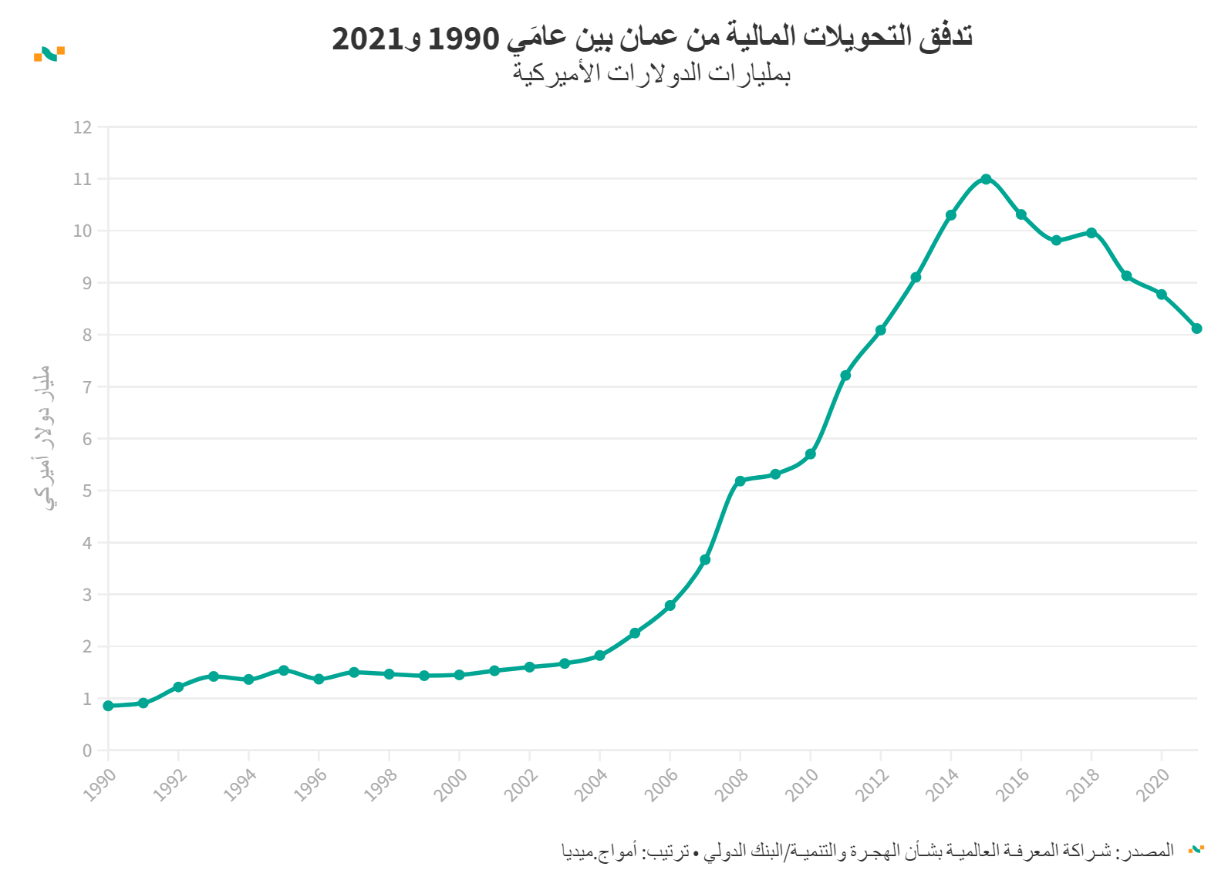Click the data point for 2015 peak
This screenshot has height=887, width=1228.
click(986, 179)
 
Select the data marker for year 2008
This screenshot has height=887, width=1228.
click(741, 481)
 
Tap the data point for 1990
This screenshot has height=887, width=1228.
click(109, 706)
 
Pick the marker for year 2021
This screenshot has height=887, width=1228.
click(1196, 329)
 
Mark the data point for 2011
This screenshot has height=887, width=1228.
click(845, 376)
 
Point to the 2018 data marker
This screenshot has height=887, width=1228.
click(1091, 232)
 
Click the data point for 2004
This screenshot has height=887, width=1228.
click(599, 656)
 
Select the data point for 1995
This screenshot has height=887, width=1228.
click(284, 670)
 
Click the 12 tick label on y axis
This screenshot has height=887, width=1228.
click(83, 127)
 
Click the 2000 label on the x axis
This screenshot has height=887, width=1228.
click(450, 784)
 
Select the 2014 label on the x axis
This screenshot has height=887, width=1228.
click(942, 784)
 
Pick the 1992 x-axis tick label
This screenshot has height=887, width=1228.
click(170, 784)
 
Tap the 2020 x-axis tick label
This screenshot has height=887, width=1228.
click(1152, 784)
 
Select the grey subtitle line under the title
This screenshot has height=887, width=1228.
click(652, 73)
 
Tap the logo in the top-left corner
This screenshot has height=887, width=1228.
click(49, 54)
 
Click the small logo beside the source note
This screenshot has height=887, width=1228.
click(1196, 850)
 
